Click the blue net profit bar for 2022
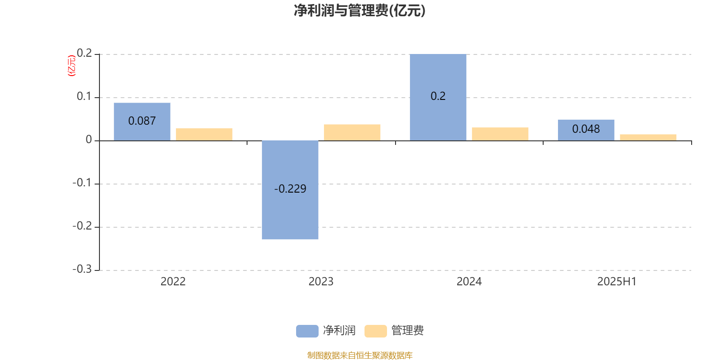click(142, 122)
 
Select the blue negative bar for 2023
click(290, 190)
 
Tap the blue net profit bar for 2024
click(438, 97)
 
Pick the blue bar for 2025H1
click(586, 130)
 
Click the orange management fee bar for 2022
click(204, 135)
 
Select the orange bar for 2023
click(352, 132)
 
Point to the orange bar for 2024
click(500, 134)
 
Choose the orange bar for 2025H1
click(648, 138)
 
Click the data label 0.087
click(142, 121)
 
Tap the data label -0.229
click(290, 189)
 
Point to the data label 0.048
click(586, 129)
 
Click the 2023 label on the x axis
click(321, 282)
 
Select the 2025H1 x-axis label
click(617, 282)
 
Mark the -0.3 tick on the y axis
click(82, 269)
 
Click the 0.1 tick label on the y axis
click(84, 96)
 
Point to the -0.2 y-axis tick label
click(82, 226)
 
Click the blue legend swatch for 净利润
click(307, 331)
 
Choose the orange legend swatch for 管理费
click(375, 331)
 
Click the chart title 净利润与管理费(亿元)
click(360, 11)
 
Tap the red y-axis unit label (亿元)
click(72, 66)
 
